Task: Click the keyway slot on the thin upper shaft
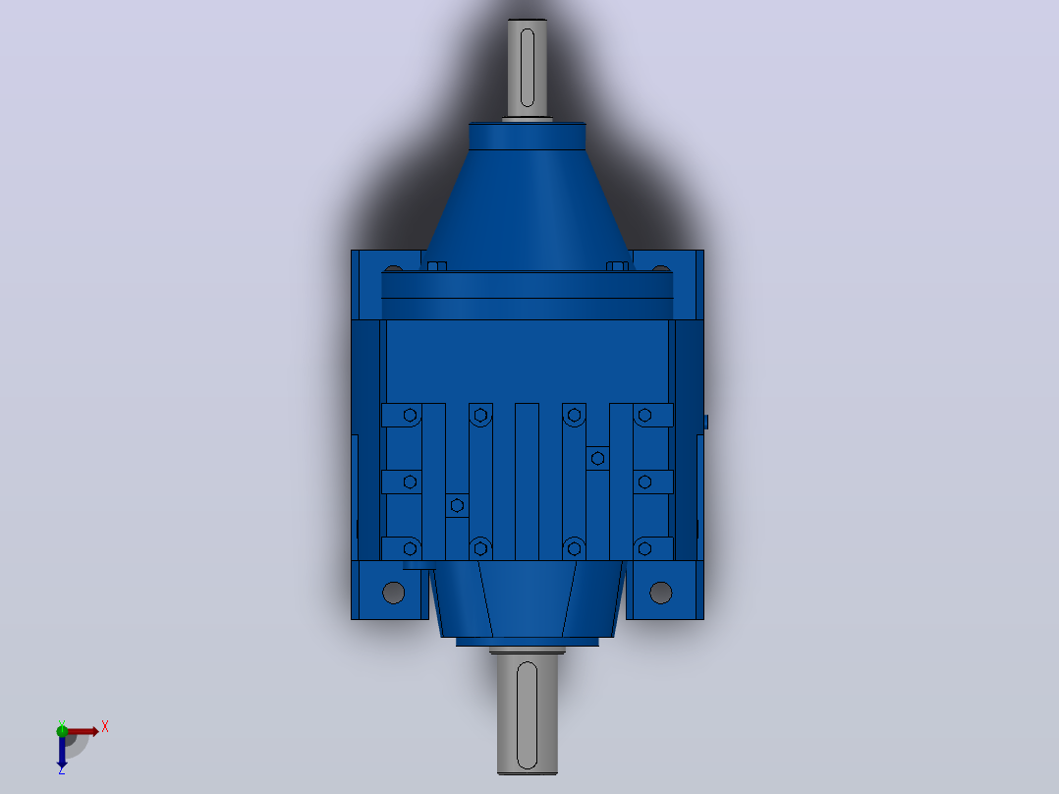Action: pos(528,68)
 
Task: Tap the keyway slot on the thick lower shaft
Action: pos(527,715)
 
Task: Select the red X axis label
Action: pos(105,727)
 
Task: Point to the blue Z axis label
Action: pos(62,769)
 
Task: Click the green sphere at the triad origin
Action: pos(62,730)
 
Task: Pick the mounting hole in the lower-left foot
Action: pos(393,593)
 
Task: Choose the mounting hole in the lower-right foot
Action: pos(660,593)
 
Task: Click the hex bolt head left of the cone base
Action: pos(437,266)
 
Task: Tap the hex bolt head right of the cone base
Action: pos(617,266)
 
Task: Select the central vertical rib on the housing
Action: pos(527,482)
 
